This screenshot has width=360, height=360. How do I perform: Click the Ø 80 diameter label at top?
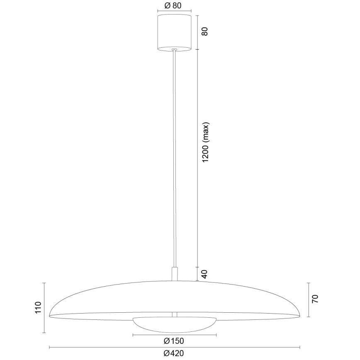click(175, 6)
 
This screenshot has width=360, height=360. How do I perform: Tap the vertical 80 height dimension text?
click(204, 32)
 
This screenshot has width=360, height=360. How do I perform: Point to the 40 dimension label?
click(204, 274)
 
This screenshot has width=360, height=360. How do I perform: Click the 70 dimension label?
click(315, 299)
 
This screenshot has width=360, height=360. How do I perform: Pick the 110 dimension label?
click(38, 308)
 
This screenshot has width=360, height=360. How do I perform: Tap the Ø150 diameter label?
click(174, 341)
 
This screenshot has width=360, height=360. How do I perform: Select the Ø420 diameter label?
click(174, 353)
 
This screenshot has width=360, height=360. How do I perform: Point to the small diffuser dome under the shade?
click(174, 325)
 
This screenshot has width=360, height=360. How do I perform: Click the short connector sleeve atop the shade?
click(175, 274)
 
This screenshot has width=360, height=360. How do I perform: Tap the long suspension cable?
click(175, 158)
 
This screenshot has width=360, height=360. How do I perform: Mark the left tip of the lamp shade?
click(50, 315)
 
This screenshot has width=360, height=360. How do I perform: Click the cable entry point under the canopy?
click(175, 50)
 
